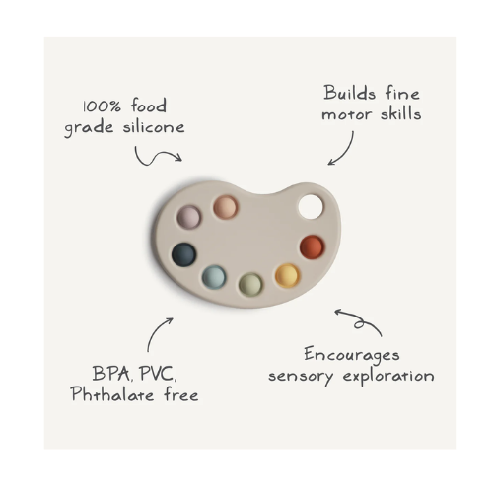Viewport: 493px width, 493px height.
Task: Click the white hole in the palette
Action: click(311, 207)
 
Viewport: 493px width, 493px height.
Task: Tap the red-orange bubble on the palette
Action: click(313, 246)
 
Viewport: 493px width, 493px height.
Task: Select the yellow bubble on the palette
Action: click(288, 275)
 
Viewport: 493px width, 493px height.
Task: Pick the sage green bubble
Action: click(250, 284)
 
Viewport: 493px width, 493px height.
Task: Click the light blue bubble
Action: click(214, 277)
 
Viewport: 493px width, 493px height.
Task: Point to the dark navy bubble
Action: click(184, 254)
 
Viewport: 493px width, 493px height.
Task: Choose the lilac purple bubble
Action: click(189, 217)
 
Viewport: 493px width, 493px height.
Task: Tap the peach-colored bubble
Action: click(226, 207)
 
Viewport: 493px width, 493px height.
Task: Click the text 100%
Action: click(102, 106)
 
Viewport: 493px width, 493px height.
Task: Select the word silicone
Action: click(154, 126)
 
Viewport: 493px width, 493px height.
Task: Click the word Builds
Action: click(350, 93)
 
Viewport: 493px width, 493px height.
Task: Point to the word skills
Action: click(401, 113)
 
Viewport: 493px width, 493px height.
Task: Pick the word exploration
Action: click(388, 377)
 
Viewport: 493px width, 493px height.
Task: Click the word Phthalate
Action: click(112, 393)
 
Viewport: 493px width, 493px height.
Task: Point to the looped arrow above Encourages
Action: click(359, 323)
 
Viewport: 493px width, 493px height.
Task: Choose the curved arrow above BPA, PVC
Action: click(155, 331)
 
